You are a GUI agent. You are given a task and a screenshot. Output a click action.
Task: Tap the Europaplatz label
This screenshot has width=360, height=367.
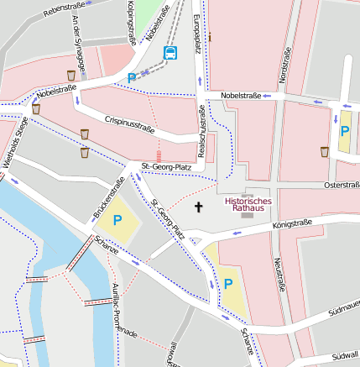click(x=196, y=33)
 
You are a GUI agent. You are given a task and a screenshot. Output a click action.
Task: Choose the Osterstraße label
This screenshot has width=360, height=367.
click(x=341, y=184)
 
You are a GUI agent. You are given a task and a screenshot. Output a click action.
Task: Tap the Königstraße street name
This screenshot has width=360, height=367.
click(x=292, y=224)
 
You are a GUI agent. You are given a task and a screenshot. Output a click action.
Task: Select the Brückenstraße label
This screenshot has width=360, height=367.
click(x=109, y=199)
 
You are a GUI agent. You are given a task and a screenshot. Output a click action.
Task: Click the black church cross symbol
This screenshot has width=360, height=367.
click(x=199, y=206)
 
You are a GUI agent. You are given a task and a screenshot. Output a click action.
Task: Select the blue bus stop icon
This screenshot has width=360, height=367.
click(x=170, y=54)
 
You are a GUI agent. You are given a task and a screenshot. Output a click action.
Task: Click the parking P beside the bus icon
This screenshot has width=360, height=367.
click(x=132, y=78)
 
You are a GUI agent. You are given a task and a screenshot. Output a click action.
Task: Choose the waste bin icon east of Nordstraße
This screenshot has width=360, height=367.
click(x=325, y=152)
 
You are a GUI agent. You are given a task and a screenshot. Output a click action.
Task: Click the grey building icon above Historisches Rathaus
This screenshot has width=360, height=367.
click(x=245, y=191)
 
